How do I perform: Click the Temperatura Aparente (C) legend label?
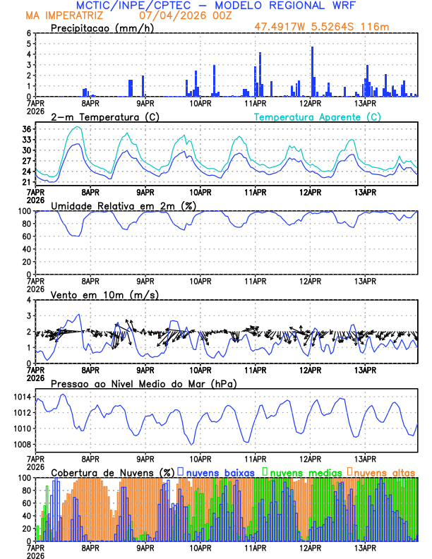pos(318,116)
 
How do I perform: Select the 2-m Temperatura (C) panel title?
pos(99,116)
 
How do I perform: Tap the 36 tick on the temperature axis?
pos(27,129)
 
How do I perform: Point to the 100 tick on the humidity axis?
pos(24,211)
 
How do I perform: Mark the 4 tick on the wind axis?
pos(29,300)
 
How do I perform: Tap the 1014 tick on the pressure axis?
pos(21,397)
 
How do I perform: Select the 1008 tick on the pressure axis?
pos(21,444)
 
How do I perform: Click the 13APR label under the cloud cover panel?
pos(365,548)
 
